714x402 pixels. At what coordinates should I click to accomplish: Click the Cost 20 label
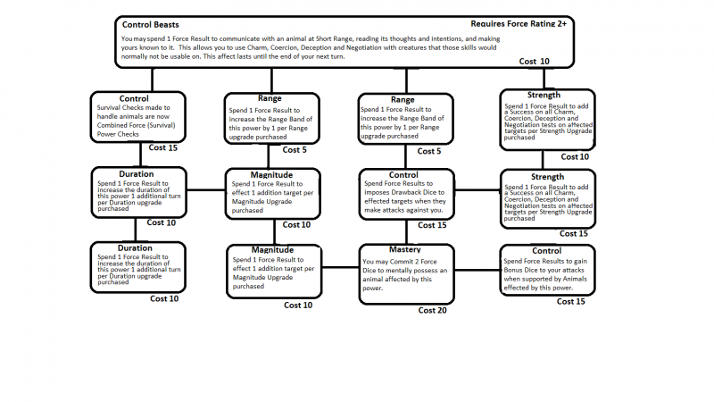434,310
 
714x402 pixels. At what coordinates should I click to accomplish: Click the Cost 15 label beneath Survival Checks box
163,147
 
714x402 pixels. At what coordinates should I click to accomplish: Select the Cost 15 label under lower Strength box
571,234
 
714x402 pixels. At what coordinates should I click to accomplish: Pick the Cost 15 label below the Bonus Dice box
571,301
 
